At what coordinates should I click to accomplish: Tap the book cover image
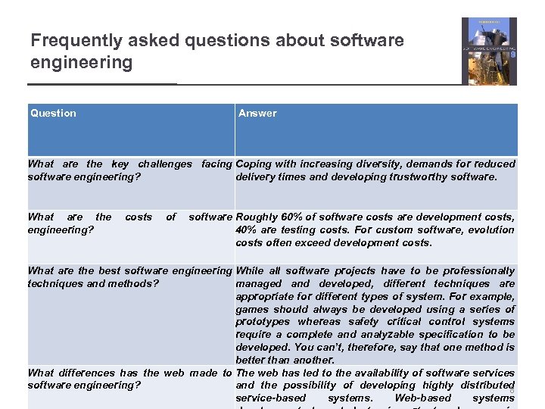pos(489,51)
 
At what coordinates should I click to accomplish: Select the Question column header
pos(53,113)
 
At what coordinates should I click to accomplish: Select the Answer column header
pos(257,113)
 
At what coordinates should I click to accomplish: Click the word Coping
pos(252,164)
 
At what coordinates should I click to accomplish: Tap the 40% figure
pos(245,229)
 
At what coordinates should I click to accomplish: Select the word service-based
pos(271,398)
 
